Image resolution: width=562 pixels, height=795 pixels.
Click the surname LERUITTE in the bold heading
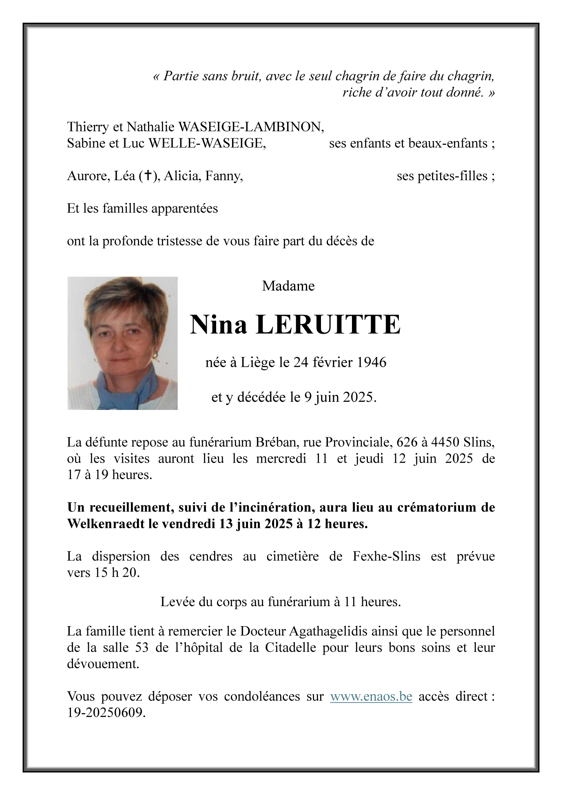(x=328, y=325)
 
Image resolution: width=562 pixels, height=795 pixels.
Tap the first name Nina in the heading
(x=219, y=325)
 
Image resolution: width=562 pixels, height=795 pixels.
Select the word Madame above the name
(x=288, y=286)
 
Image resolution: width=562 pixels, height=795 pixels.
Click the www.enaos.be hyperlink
(x=371, y=696)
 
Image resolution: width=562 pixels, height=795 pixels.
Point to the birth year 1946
(x=371, y=362)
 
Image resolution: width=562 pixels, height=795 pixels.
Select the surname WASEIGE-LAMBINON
(x=251, y=127)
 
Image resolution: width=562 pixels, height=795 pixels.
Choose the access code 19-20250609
(x=106, y=713)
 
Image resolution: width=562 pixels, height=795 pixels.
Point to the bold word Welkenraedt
(x=106, y=524)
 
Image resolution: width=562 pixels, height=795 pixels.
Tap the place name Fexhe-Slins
(x=386, y=557)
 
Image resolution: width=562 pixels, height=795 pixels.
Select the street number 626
(x=407, y=443)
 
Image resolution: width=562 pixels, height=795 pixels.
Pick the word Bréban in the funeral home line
(x=273, y=443)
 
